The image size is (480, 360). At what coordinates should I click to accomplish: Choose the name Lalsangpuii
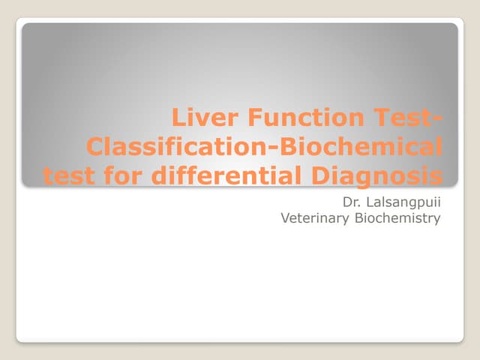click(406, 203)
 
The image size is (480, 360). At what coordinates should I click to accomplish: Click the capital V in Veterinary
click(285, 218)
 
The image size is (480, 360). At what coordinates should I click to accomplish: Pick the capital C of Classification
click(96, 148)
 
